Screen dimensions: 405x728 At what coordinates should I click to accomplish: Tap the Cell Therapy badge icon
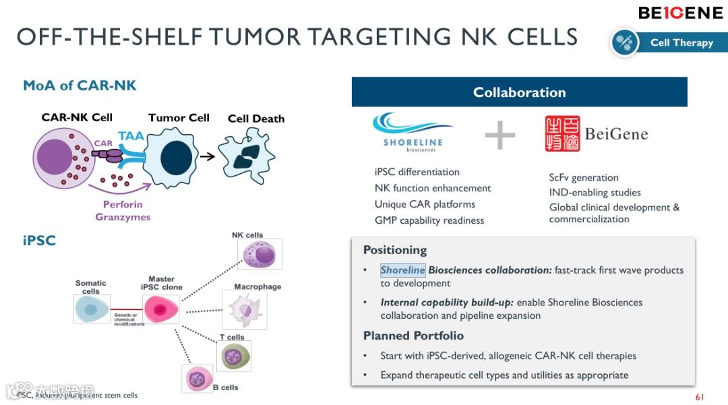625,42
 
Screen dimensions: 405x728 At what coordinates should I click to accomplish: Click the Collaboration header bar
519,92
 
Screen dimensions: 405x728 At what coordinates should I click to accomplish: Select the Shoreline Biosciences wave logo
413,130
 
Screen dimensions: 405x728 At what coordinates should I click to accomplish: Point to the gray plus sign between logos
500,135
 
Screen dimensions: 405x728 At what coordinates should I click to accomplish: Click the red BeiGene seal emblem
562,133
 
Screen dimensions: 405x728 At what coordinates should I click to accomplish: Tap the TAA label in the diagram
131,136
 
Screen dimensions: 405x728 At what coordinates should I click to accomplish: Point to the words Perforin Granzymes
123,210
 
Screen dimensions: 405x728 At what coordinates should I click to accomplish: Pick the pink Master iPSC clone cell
160,309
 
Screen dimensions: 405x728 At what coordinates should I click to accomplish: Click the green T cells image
233,356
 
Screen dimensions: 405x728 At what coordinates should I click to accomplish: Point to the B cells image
197,378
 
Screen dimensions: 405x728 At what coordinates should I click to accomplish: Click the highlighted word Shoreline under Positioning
402,270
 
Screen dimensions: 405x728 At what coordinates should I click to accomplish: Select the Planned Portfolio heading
413,336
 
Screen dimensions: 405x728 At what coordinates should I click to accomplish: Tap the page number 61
699,397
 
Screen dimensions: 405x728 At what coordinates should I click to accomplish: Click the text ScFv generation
583,177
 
